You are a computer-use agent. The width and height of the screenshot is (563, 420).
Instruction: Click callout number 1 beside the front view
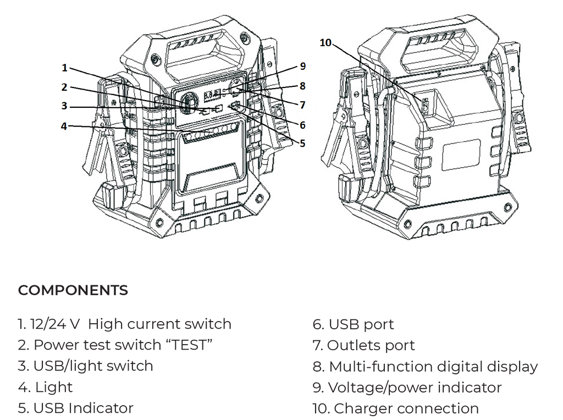tap(64, 68)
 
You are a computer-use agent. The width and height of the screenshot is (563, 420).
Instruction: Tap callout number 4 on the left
tap(64, 126)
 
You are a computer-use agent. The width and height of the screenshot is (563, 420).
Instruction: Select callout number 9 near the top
tap(302, 67)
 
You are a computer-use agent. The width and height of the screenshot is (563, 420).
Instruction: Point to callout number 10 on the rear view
tap(325, 43)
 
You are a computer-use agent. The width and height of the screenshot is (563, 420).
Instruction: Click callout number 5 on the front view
tap(302, 144)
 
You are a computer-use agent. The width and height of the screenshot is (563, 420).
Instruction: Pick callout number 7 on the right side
tap(302, 105)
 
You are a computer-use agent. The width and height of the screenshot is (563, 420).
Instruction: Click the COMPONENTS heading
tap(73, 290)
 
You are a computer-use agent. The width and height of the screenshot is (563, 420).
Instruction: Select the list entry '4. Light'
tap(45, 387)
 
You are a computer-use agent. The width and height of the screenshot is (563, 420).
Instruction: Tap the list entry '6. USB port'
tap(353, 324)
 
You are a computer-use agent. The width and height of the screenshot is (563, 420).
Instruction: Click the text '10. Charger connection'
tap(395, 408)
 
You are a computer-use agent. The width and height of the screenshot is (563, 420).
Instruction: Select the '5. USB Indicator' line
tap(75, 408)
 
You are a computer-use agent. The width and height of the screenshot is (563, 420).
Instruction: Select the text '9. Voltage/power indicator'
tap(407, 388)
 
